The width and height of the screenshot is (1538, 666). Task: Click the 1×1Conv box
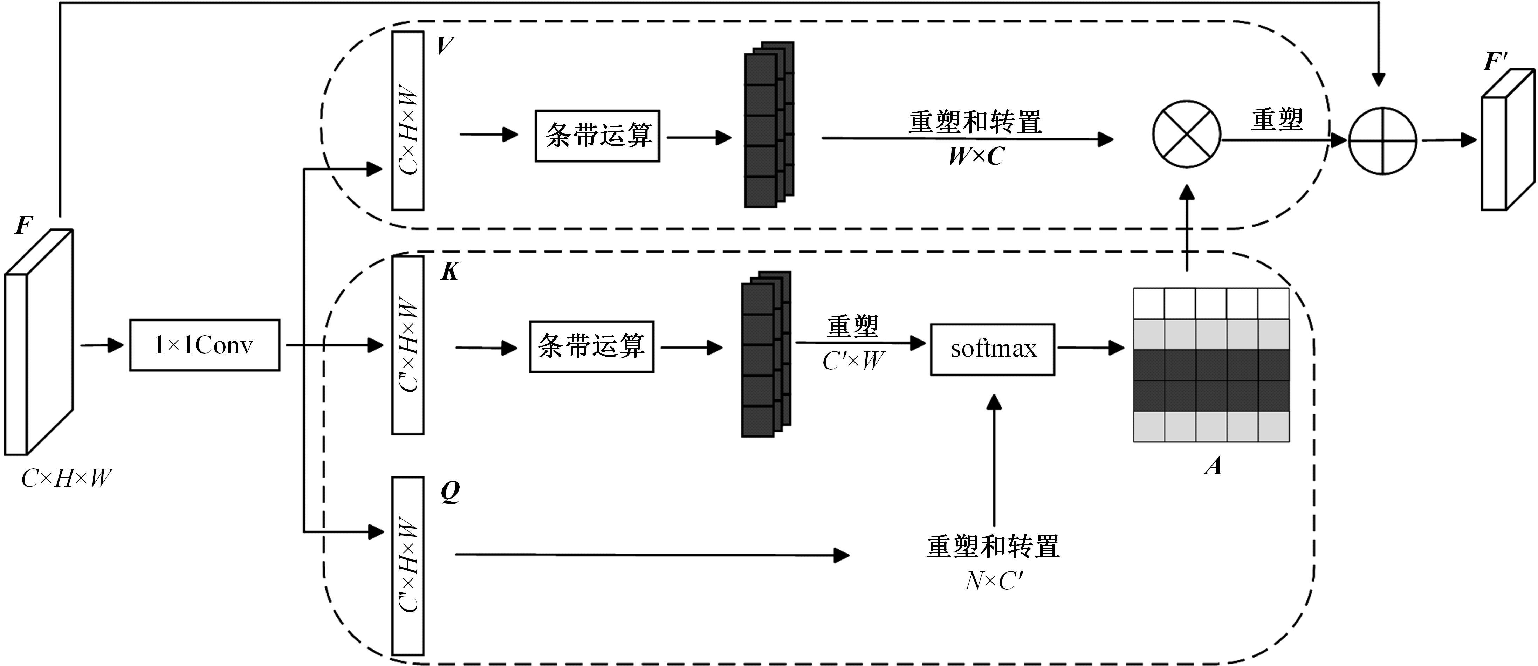[204, 345]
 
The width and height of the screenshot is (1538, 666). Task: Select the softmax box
[992, 349]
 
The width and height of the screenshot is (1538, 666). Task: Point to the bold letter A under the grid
[1213, 466]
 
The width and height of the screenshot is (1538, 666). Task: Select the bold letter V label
[445, 46]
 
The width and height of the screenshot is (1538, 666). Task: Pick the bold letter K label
[449, 272]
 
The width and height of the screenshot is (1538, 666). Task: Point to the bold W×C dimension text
[976, 157]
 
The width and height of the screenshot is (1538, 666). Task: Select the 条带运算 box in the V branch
[597, 136]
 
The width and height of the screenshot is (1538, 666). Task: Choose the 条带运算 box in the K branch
[591, 346]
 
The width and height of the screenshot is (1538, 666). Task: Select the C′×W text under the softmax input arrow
[853, 361]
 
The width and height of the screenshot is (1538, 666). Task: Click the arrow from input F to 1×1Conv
[102, 345]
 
